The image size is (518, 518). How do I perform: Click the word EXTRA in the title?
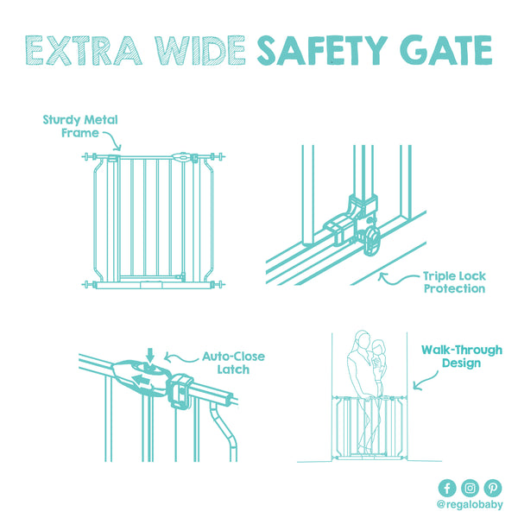point(84,50)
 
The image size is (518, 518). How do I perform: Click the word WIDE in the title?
point(200,50)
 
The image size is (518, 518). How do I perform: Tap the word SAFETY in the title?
point(322,50)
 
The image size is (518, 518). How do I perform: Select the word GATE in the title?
point(446,50)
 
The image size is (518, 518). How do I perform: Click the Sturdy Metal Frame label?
point(80,126)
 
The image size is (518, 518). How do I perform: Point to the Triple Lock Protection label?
point(455,282)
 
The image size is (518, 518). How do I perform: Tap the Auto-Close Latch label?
point(233,363)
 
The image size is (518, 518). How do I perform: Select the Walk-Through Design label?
point(462,356)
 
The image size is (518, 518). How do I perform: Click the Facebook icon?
point(447,488)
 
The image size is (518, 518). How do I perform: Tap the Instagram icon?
point(471,488)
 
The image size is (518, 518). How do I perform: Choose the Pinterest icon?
point(493,488)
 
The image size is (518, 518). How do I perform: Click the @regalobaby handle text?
point(470,505)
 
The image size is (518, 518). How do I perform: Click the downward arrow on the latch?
point(150,356)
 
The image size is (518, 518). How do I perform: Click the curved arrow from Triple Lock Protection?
point(396,281)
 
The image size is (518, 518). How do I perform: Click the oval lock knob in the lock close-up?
point(371,241)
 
